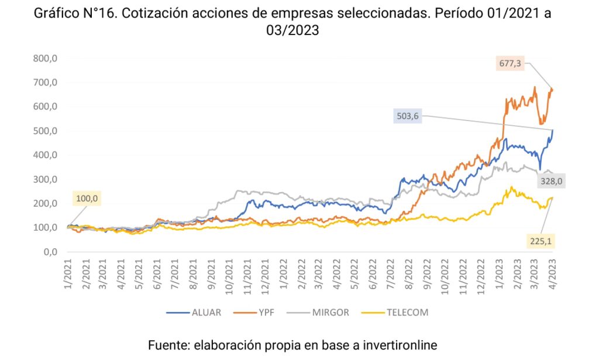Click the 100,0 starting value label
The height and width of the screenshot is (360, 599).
coord(87,199)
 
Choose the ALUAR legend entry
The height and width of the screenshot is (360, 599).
coord(206,312)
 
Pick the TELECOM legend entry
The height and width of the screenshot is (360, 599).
coord(407,312)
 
